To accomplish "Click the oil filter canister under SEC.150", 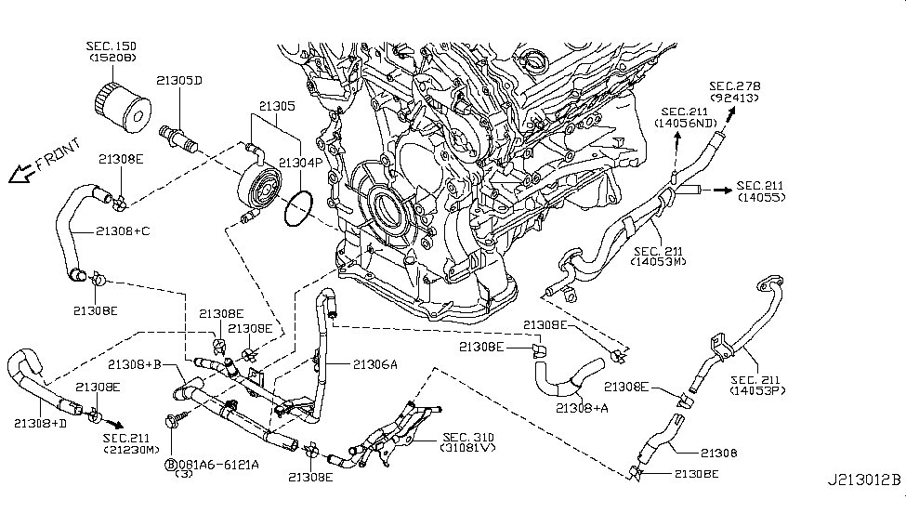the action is click(122, 108).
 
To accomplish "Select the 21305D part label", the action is click(179, 80).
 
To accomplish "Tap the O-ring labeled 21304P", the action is click(298, 209).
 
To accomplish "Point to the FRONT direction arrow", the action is click(20, 174).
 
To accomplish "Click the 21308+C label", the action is click(123, 230).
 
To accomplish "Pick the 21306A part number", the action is click(375, 364).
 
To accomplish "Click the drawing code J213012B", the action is click(864, 480).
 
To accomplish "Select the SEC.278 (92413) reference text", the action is click(735, 92).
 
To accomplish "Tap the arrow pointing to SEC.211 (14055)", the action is click(722, 190).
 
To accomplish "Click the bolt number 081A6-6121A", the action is click(218, 464).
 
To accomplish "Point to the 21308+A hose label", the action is click(582, 408).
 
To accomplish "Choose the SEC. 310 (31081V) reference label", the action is click(468, 442).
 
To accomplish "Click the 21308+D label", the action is click(41, 423).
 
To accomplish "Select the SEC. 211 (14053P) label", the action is click(757, 385).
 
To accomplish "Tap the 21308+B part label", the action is click(135, 364).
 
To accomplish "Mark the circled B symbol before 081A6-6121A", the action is click(171, 464).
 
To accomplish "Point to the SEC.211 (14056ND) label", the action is click(685, 117).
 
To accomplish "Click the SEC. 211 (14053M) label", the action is click(658, 256).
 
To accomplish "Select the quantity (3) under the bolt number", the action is click(183, 474).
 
